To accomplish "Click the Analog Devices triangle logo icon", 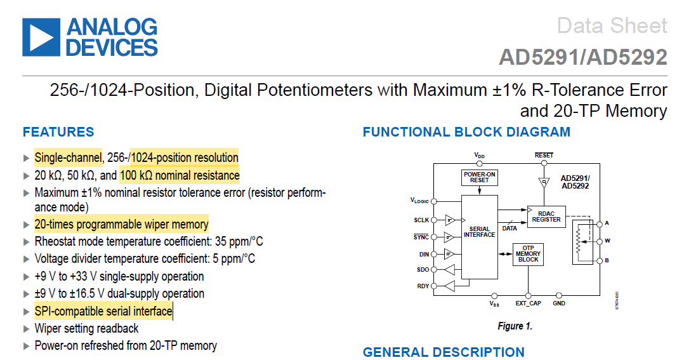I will (x=41, y=36).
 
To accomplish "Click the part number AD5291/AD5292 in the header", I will (x=582, y=58).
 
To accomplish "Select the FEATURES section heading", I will (x=58, y=132).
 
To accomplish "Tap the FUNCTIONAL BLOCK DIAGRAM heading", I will (x=466, y=132).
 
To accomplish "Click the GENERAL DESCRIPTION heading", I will (x=444, y=352).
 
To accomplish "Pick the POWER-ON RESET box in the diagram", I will (x=480, y=177).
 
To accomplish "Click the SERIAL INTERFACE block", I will (x=479, y=232).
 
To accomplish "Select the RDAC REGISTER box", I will (x=546, y=217).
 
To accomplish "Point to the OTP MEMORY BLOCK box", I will (x=528, y=254).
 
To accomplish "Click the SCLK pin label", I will (x=421, y=220).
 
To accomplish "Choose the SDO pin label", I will (x=423, y=270).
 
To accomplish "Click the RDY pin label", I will (x=423, y=286).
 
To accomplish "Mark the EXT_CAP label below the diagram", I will (x=528, y=303).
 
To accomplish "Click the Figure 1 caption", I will (x=515, y=326).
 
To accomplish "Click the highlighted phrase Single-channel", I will (x=68, y=157).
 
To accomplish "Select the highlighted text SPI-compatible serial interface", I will (x=103, y=311).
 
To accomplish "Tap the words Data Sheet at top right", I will (x=612, y=26).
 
